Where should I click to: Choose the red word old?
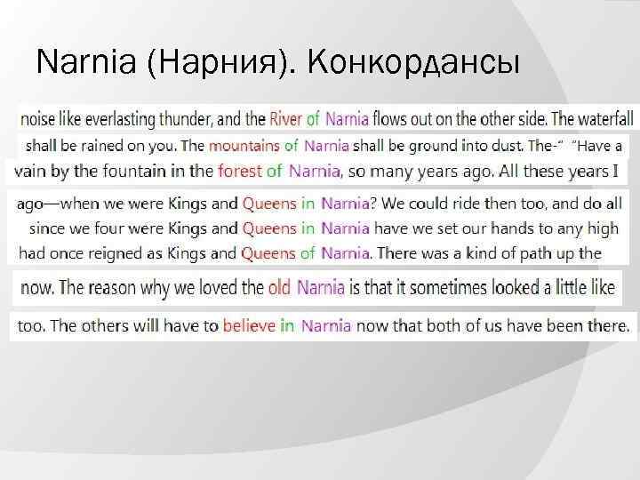pos(280,287)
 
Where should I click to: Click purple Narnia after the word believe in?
pos(326,325)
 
